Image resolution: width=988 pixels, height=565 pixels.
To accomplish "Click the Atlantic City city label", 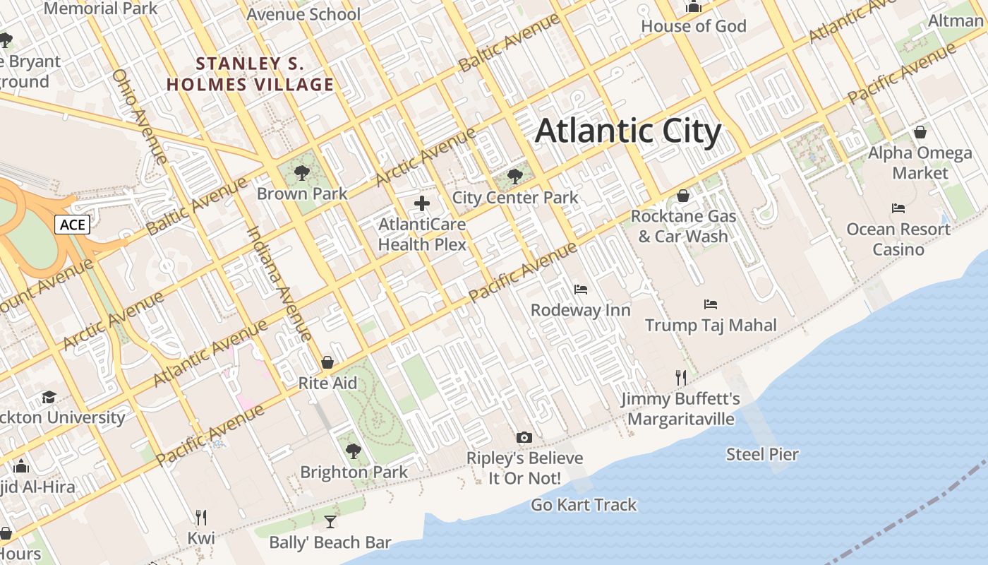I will click(x=628, y=132).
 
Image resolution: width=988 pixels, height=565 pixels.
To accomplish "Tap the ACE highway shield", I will click(x=73, y=225).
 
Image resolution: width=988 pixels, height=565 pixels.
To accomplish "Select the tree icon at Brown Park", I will click(x=302, y=172).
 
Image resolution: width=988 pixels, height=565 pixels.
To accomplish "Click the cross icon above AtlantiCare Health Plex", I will click(x=422, y=204).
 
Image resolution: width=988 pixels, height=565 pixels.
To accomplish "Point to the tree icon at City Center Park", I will click(x=515, y=177).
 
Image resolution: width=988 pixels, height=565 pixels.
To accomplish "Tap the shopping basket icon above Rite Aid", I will click(x=327, y=362).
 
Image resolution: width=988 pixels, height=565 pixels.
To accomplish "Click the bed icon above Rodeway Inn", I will click(x=580, y=289).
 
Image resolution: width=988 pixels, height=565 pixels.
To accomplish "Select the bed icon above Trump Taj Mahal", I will click(x=711, y=304).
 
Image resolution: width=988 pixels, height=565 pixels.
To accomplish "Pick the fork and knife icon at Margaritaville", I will click(x=680, y=378).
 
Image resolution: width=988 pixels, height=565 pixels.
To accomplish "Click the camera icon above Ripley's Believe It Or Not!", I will click(x=524, y=437).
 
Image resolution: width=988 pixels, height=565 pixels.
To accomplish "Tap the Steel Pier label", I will click(x=762, y=454).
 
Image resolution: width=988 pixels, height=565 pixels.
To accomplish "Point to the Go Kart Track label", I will click(x=584, y=504).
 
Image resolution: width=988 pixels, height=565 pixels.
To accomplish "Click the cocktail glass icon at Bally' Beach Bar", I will click(x=330, y=522).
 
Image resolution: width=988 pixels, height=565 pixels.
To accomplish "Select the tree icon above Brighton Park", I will click(x=354, y=451).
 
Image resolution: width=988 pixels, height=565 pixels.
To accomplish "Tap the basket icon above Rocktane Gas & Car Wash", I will click(x=683, y=195).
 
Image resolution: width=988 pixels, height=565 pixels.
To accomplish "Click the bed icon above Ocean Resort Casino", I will click(x=898, y=208).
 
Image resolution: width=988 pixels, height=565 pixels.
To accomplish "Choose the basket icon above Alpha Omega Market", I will click(x=920, y=132).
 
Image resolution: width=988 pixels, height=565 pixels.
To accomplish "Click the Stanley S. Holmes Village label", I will click(x=250, y=74).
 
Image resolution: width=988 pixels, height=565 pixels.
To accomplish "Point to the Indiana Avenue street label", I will click(x=279, y=283).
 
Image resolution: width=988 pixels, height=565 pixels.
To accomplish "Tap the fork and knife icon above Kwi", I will click(x=201, y=518).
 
